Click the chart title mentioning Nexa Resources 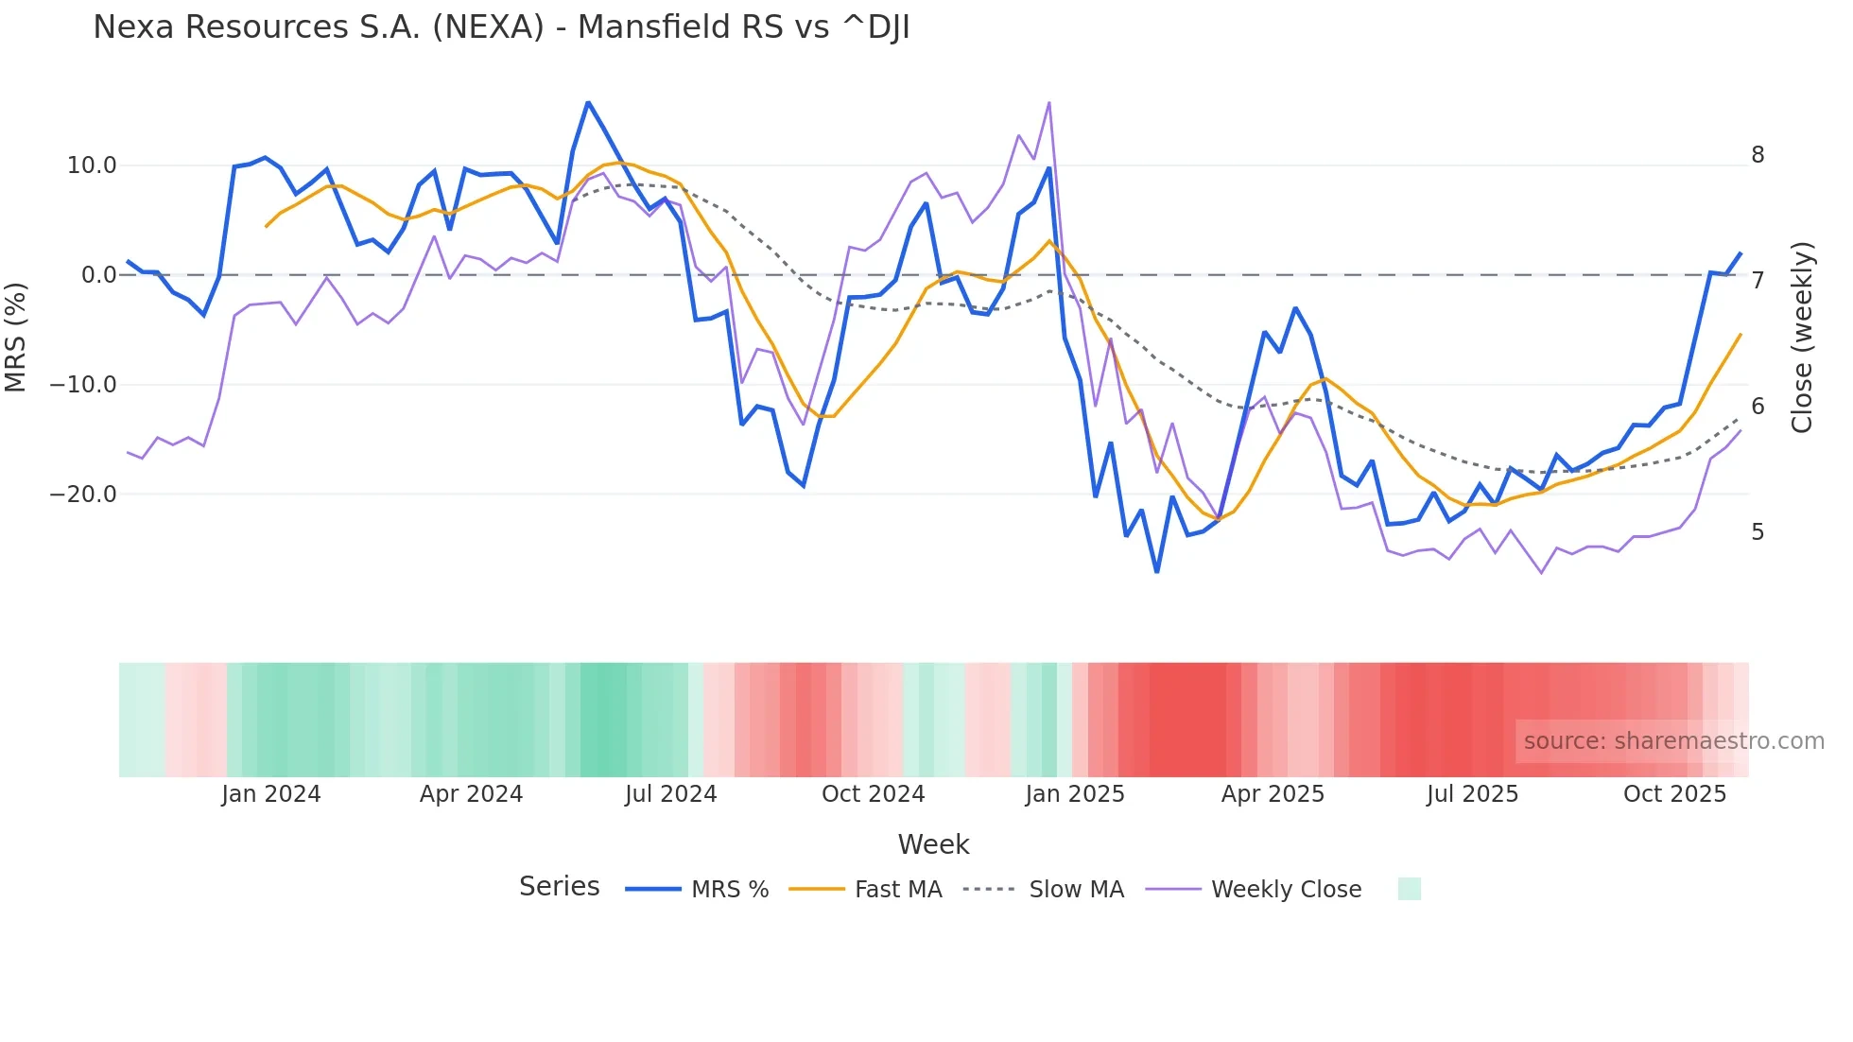[501, 27]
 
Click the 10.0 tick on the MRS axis [92, 165]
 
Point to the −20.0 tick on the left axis [83, 495]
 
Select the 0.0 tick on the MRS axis [98, 275]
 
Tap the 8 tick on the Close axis [1758, 155]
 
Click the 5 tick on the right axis [1758, 532]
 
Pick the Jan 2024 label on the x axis [271, 794]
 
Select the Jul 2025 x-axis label [1472, 794]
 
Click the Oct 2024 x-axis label [873, 794]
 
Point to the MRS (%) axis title [16, 337]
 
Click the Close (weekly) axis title [1802, 337]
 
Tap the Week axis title [933, 844]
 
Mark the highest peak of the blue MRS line [588, 102]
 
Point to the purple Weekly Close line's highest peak [1049, 103]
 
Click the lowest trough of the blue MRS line [1157, 572]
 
